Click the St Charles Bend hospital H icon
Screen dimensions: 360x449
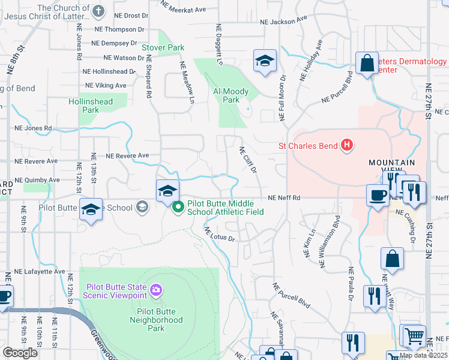pos(346,145)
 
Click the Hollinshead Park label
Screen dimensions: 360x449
pos(91,106)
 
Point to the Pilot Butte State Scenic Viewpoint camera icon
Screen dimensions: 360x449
pos(157,290)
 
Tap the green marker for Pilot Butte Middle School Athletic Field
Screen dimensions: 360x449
pos(178,208)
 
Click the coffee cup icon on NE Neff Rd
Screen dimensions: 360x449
pos(378,195)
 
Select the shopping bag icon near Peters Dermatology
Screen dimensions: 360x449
pos(366,63)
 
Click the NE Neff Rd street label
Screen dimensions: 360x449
pos(283,197)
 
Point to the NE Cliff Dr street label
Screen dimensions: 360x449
pos(248,161)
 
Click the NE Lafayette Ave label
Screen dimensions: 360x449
pos(40,271)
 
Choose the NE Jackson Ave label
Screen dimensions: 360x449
pos(279,22)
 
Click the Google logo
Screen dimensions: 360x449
pos(20,353)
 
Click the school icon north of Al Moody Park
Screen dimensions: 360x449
pos(264,61)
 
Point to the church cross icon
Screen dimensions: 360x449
pos(99,10)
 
